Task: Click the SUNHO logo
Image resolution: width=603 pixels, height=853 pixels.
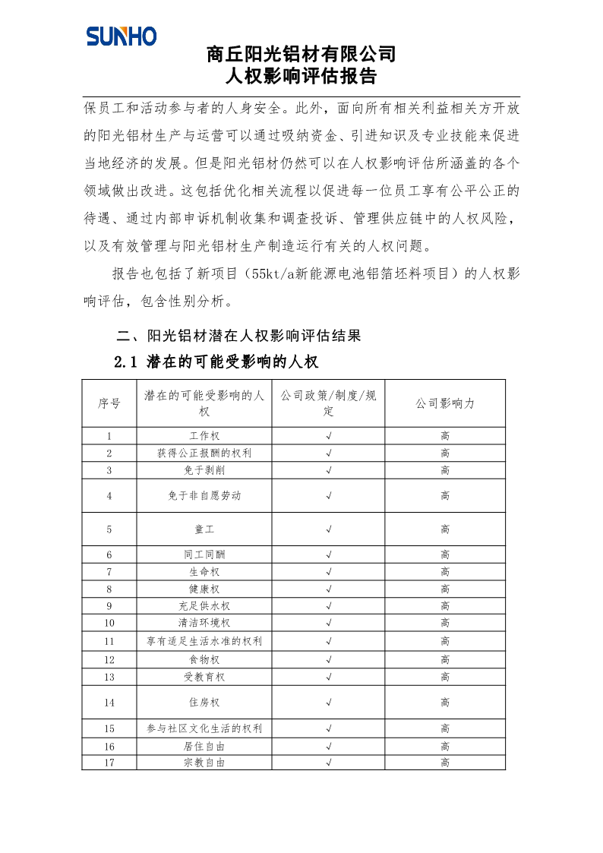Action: (122, 36)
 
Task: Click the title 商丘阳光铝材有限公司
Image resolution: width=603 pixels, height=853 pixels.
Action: (301, 55)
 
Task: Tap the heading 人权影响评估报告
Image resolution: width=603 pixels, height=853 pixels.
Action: (301, 77)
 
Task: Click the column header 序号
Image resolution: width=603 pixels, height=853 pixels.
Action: (109, 403)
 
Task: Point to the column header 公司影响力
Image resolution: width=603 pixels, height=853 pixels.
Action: (444, 403)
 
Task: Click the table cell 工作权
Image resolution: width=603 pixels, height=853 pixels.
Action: (204, 436)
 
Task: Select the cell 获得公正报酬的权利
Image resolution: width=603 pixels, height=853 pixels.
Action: (204, 453)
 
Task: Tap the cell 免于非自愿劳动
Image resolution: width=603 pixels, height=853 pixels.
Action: (204, 495)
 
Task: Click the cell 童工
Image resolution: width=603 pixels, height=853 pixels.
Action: (204, 529)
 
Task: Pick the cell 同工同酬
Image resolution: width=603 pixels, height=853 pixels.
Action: (204, 555)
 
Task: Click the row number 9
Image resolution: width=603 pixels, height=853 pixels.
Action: (109, 606)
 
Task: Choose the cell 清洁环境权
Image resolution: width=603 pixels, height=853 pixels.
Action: (204, 623)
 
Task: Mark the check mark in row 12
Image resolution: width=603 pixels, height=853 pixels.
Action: (328, 659)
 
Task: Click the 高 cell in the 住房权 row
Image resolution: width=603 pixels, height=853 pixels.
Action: (444, 703)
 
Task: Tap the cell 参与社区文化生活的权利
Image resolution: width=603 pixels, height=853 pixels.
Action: (204, 728)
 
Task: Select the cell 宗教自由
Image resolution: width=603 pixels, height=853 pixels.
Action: (204, 763)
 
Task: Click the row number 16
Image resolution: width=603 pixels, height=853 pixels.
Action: (109, 746)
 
